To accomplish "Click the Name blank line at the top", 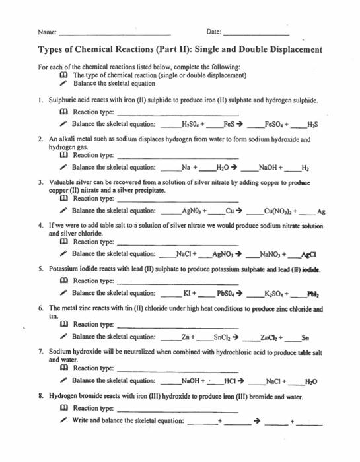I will (x=115, y=33).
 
